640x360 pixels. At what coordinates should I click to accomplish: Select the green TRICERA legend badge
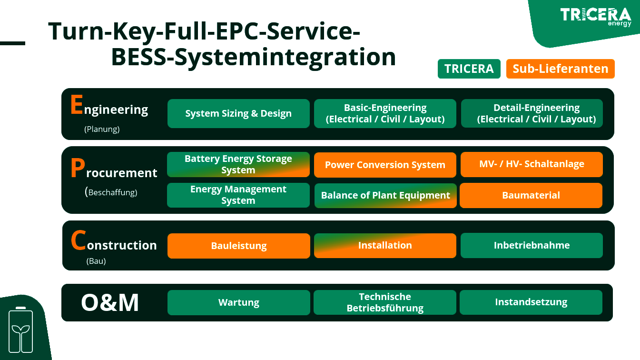[x=469, y=69]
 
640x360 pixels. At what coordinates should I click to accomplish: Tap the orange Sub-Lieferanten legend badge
[x=560, y=69]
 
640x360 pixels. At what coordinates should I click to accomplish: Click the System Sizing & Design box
[x=238, y=113]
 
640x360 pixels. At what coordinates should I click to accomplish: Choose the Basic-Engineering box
[x=385, y=113]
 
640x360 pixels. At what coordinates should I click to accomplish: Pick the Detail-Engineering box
[x=532, y=113]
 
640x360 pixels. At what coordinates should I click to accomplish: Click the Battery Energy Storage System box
[x=238, y=164]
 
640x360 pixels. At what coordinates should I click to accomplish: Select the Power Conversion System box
[x=385, y=165]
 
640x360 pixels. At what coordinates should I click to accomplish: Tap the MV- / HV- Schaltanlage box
[x=532, y=164]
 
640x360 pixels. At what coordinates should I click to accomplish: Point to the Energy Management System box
[x=238, y=195]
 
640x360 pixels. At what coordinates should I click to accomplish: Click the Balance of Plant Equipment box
[x=385, y=196]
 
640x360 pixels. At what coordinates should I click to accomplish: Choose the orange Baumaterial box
[x=531, y=195]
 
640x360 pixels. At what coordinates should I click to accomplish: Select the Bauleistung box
[x=239, y=246]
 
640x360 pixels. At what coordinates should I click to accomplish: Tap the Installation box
[x=385, y=245]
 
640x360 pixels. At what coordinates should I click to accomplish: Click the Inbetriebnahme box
[x=532, y=245]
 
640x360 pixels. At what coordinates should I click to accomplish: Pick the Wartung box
[x=239, y=302]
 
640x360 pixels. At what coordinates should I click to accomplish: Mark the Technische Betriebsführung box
[x=385, y=302]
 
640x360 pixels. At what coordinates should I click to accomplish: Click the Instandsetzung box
[x=531, y=302]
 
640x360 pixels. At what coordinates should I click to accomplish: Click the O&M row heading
[x=110, y=303]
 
